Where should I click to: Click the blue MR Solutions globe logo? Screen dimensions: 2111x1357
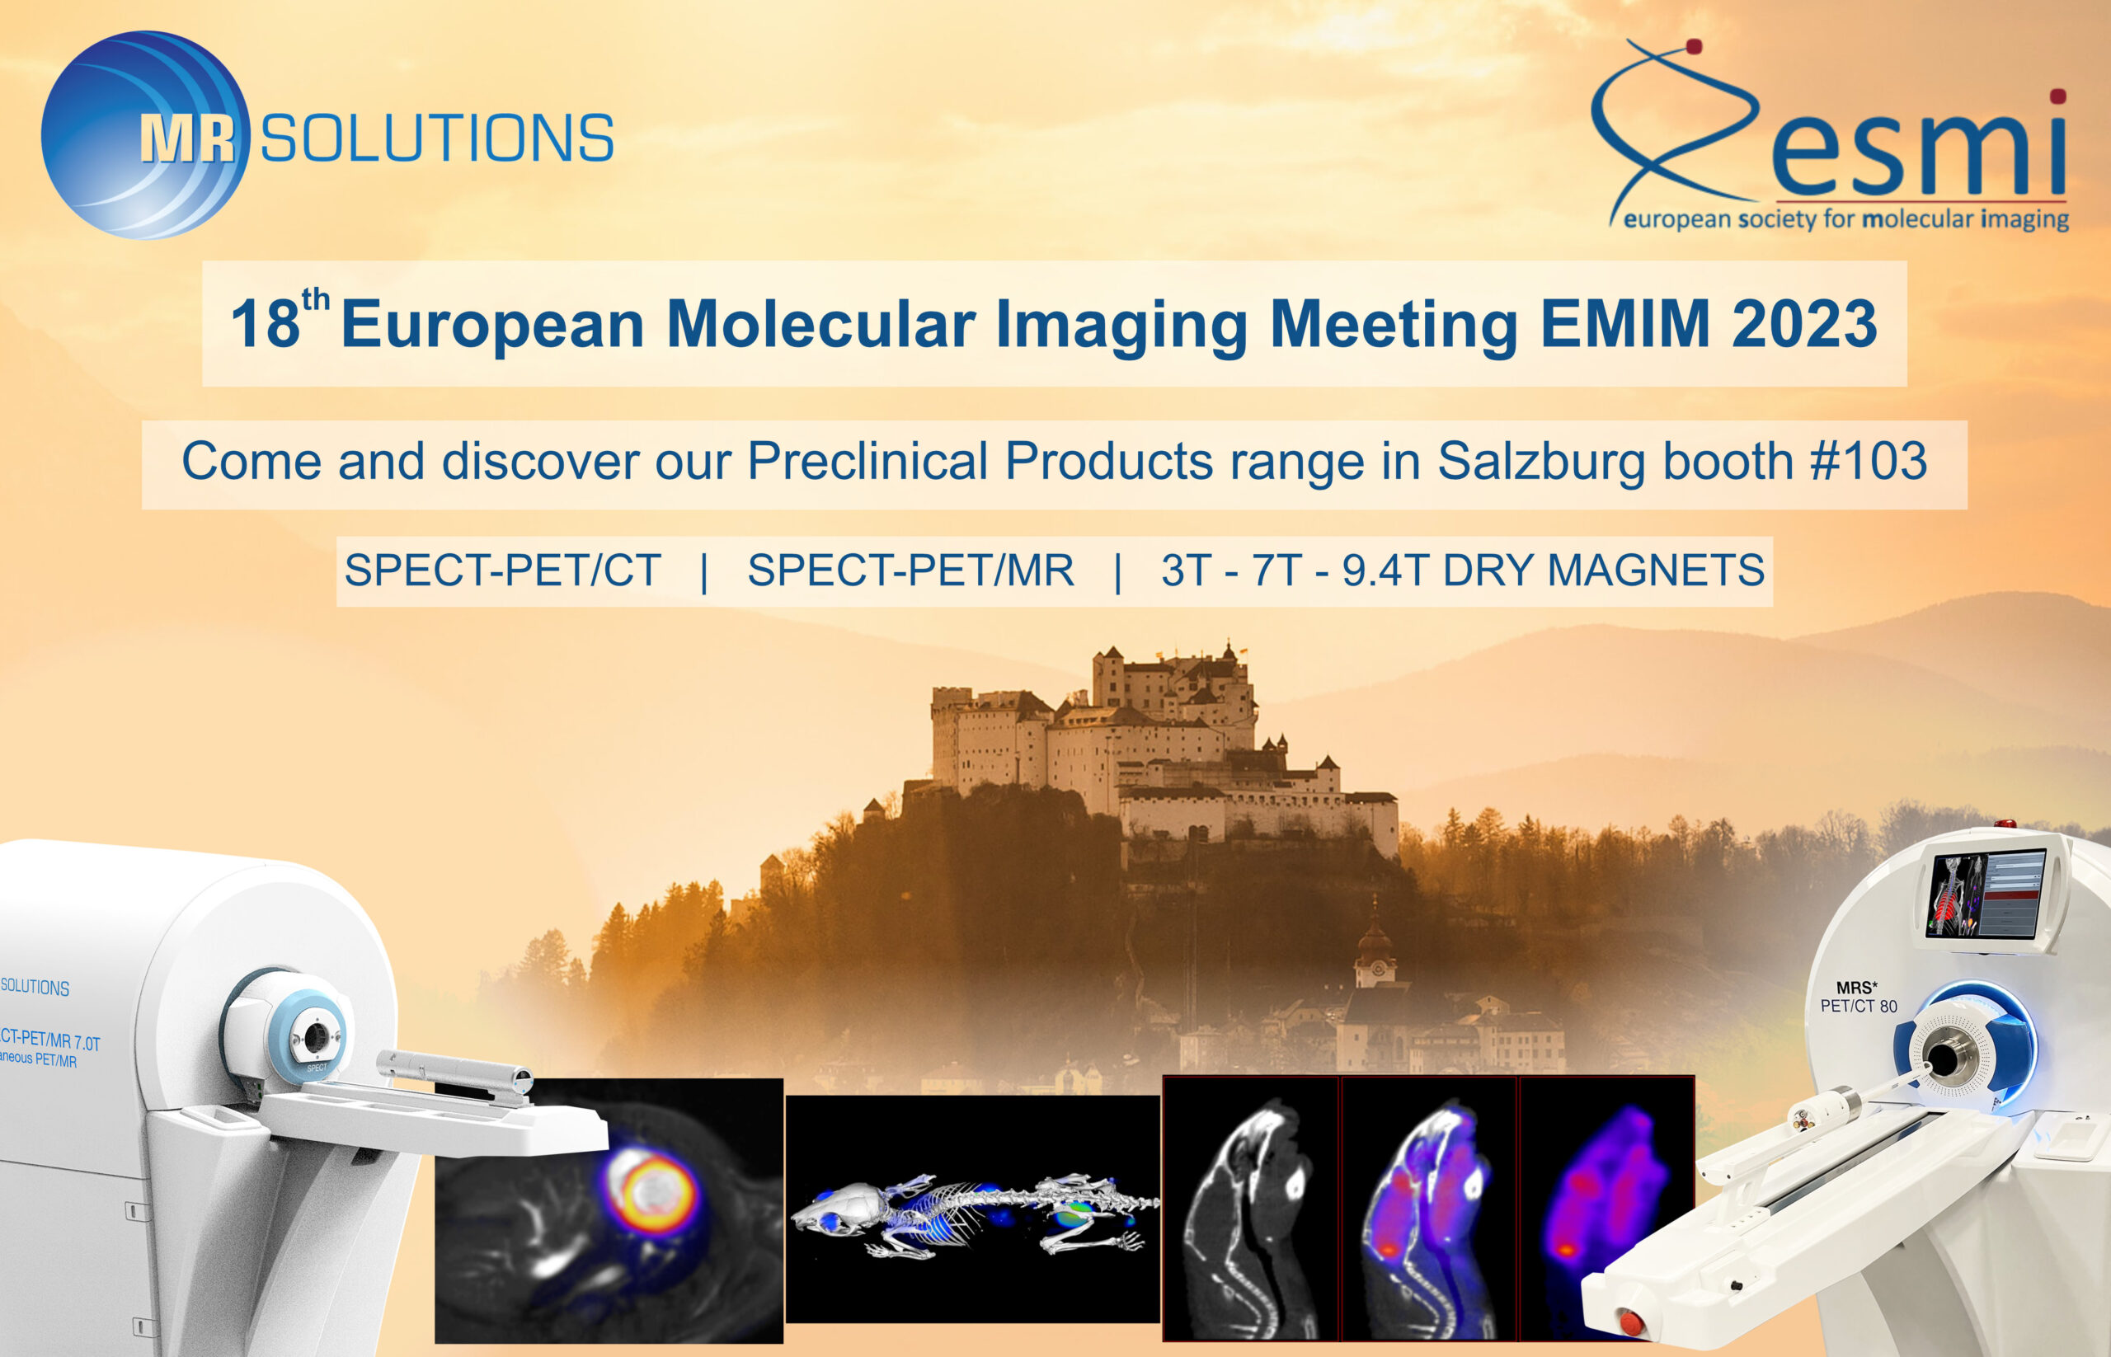click(x=145, y=135)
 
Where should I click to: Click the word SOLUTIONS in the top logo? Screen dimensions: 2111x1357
click(x=437, y=139)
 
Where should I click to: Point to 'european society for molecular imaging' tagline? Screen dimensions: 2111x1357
click(x=1845, y=218)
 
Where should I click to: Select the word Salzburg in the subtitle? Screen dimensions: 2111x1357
click(x=1540, y=461)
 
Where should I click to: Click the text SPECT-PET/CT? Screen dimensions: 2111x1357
click(x=502, y=571)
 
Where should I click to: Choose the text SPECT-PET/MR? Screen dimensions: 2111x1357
click(x=910, y=571)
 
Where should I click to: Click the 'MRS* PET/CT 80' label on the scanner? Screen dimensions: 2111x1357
click(x=1859, y=998)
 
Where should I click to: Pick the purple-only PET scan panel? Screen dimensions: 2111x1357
click(x=1606, y=1207)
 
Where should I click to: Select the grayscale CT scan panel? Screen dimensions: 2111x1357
click(x=1252, y=1207)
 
